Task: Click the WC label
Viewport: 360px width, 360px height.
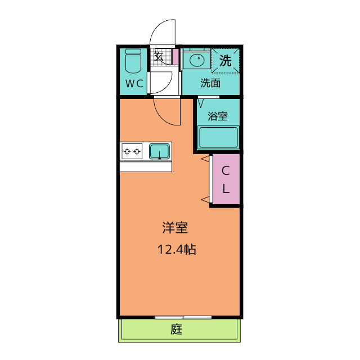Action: click(134, 83)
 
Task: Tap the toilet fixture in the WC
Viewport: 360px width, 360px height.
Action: click(133, 61)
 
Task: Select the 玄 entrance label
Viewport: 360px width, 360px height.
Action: click(159, 56)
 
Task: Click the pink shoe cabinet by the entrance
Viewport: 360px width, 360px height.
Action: click(175, 57)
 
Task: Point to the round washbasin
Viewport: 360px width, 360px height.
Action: click(197, 60)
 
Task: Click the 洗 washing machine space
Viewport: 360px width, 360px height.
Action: click(225, 61)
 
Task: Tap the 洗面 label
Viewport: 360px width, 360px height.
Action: click(210, 83)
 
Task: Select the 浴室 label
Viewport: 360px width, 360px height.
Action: click(218, 116)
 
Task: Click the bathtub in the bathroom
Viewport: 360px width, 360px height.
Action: click(218, 137)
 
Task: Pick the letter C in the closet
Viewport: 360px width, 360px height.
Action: click(226, 170)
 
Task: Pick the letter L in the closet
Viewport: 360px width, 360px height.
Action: click(226, 189)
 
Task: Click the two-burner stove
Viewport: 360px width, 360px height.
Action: click(132, 151)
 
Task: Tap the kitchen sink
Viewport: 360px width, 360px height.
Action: click(160, 151)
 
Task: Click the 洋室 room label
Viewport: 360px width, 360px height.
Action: click(175, 228)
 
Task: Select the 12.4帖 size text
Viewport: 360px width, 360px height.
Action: click(177, 249)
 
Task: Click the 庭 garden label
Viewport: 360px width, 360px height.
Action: click(176, 329)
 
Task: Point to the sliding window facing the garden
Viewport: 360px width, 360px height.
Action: click(183, 317)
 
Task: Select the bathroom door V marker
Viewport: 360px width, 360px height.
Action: click(201, 103)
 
